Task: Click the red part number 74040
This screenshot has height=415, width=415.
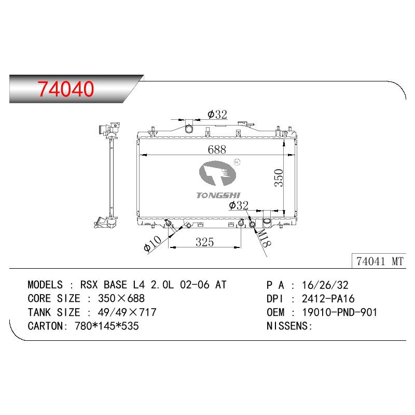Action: [66, 89]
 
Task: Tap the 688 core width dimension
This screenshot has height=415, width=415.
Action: [217, 149]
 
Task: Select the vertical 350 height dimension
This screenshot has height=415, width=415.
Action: [279, 178]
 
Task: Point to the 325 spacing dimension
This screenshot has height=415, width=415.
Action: [204, 242]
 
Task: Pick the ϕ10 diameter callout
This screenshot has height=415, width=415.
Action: [153, 243]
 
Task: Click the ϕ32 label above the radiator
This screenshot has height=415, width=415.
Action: [217, 115]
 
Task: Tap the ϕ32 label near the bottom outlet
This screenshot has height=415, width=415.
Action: [239, 205]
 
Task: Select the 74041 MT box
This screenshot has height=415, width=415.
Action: [379, 261]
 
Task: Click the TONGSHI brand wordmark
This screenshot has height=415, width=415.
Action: [218, 196]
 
